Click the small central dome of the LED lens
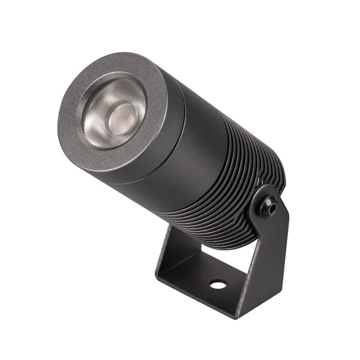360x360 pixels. click(123, 113)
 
